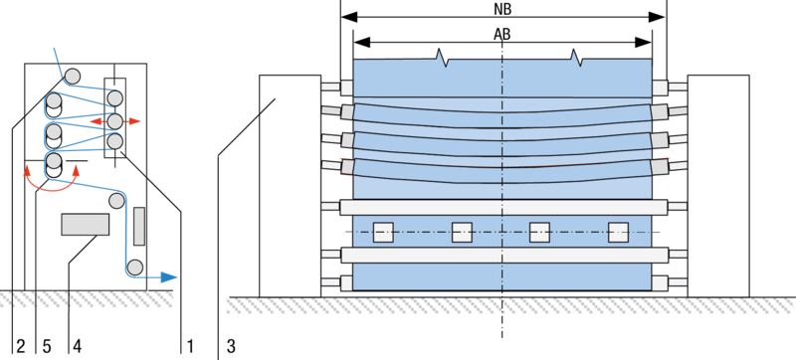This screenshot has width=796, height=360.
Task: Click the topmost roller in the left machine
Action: (x=72, y=76)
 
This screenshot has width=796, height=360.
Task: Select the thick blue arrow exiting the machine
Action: (x=162, y=276)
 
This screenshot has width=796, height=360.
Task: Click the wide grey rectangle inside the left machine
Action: (x=85, y=224)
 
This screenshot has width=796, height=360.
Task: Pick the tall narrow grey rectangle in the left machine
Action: (x=139, y=226)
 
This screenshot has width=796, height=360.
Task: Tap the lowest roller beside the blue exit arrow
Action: (x=134, y=267)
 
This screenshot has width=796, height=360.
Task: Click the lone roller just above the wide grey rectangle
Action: (x=116, y=200)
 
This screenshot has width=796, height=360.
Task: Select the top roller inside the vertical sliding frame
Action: (x=115, y=98)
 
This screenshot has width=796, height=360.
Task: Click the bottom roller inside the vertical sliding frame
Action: (x=115, y=141)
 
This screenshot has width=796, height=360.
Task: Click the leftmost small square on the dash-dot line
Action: (x=383, y=232)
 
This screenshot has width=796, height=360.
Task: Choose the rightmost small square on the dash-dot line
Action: (x=618, y=232)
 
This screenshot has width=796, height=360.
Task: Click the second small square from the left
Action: (x=462, y=232)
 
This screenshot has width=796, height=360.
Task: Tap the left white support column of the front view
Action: (x=290, y=186)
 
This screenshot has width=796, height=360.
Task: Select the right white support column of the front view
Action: (x=717, y=186)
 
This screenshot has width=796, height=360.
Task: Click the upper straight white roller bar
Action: (x=502, y=207)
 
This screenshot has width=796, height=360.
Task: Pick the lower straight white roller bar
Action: (x=502, y=255)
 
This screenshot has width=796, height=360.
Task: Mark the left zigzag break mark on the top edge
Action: (x=443, y=60)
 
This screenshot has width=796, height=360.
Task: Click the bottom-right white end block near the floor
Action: (x=660, y=282)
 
